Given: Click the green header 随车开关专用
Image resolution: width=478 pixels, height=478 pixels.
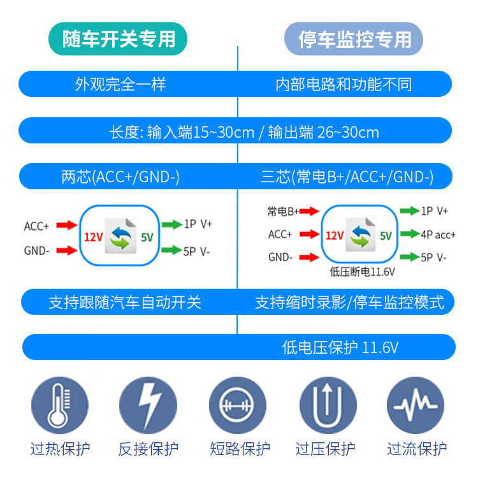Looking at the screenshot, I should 119,39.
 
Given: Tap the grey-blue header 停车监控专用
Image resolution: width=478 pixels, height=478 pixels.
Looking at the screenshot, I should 355,39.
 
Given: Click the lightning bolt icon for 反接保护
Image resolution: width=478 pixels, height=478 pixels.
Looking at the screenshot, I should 148,405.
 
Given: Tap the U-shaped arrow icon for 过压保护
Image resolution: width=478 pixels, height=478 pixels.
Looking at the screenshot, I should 326,405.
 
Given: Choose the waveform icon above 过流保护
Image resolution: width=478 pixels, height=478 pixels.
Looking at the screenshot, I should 416,405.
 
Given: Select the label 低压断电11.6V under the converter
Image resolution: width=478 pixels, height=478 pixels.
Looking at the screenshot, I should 362,272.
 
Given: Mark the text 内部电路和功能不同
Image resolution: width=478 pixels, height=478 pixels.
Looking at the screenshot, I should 344,84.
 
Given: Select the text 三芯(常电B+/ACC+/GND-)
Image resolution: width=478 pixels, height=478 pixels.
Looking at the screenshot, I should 347,177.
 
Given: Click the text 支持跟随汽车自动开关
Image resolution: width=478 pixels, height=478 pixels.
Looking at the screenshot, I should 125,301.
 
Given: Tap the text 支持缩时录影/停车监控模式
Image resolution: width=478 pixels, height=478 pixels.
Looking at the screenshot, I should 349,301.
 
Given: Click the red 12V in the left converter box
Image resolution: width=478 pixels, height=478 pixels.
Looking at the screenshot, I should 94,237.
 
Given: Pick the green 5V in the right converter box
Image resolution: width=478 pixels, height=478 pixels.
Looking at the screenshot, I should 386,235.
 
